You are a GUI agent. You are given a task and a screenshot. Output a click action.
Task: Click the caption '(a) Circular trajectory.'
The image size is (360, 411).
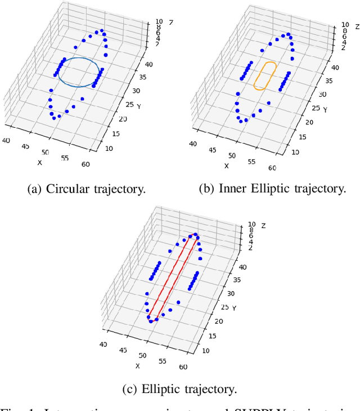[x=87, y=189]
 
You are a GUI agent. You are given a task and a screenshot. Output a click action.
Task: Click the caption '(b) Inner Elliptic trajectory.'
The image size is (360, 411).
[x=272, y=189]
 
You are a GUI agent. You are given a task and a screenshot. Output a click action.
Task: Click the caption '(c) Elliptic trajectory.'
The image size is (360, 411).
[x=180, y=388]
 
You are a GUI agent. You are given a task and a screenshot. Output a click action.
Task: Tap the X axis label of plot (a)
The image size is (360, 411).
[x=40, y=163]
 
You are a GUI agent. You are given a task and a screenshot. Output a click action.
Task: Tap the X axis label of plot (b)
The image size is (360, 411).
[x=226, y=166]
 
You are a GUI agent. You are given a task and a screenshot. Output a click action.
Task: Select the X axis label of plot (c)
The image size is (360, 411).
[x=137, y=366]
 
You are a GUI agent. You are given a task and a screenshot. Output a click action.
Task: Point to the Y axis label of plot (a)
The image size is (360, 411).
[x=138, y=106]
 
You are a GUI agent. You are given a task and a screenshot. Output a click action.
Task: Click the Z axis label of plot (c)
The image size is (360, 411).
[x=263, y=226]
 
